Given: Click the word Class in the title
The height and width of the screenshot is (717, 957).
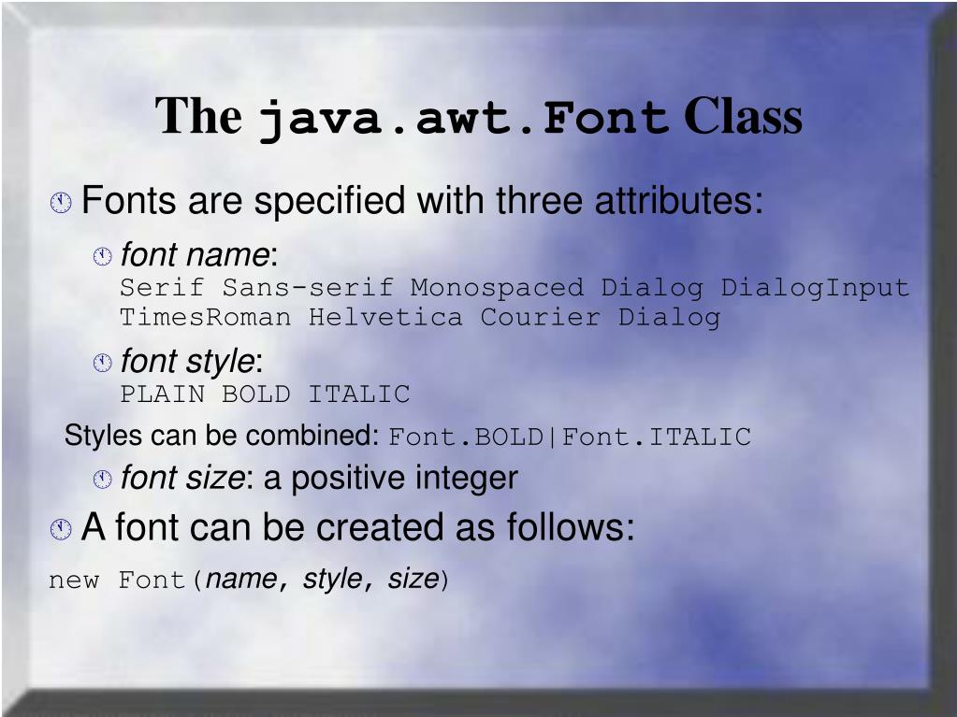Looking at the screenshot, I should [x=743, y=117].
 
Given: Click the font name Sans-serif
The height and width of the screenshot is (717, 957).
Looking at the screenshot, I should [x=308, y=287].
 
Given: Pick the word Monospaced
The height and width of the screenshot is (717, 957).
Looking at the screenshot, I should [x=497, y=287].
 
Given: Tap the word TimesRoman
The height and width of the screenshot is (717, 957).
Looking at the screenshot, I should [x=206, y=318].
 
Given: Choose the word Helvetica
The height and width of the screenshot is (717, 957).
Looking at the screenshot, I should [x=385, y=318].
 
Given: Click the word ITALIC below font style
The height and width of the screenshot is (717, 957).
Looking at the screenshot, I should [x=359, y=394].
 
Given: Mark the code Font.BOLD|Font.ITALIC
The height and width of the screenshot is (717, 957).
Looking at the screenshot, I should [x=570, y=437].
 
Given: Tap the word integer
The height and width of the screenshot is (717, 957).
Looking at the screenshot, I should [x=466, y=479].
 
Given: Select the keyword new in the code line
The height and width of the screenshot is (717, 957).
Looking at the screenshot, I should [x=74, y=581].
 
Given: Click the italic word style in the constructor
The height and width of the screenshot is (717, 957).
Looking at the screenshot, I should [x=332, y=580].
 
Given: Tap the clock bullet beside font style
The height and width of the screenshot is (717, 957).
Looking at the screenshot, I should [x=102, y=363].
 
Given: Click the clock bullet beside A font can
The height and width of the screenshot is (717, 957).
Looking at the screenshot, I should [x=61, y=530].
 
